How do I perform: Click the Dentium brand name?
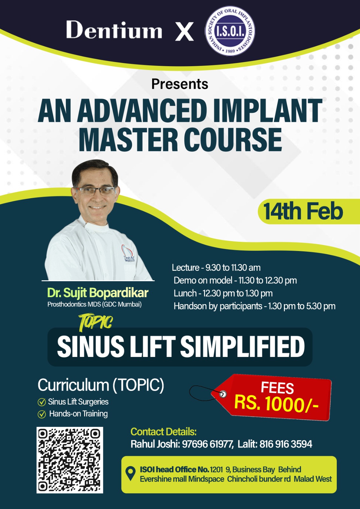(114, 30)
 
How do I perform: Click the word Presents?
(180, 84)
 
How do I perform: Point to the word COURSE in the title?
(231, 139)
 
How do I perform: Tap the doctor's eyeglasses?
(95, 191)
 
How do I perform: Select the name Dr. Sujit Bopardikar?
(98, 293)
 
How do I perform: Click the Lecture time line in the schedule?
(216, 268)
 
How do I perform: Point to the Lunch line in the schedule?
(223, 293)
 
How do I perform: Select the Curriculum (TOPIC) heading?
(101, 385)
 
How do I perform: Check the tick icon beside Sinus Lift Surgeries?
(42, 402)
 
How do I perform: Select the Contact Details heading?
(164, 432)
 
